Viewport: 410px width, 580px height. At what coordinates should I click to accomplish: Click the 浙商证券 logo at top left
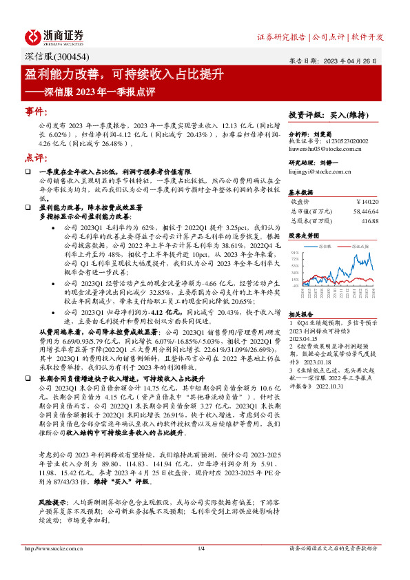(54, 37)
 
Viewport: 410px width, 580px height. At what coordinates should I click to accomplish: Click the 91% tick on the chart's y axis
(295, 253)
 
